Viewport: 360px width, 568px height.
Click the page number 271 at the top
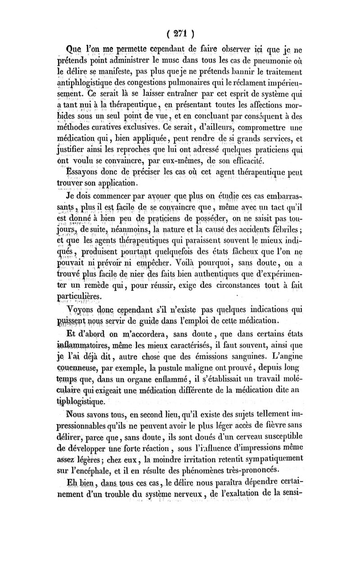coord(180,34)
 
